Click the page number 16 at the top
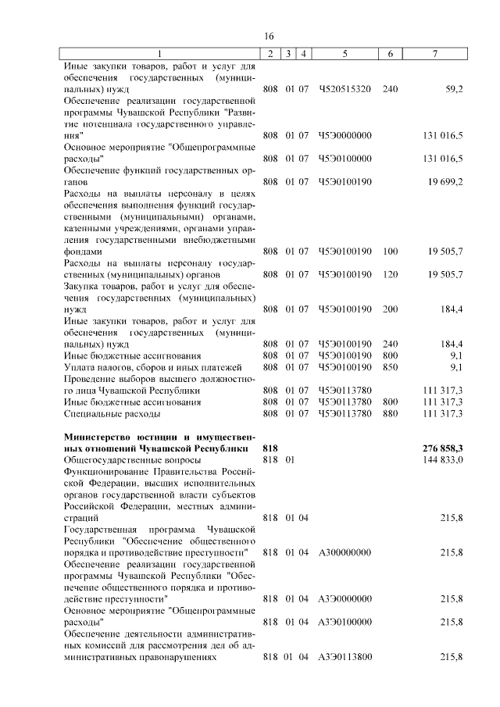click(269, 37)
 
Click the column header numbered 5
click(345, 53)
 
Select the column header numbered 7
click(434, 53)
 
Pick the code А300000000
click(345, 552)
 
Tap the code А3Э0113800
click(345, 658)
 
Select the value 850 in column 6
click(391, 367)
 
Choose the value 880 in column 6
click(391, 413)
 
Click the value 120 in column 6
click(391, 274)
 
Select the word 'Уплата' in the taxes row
click(79, 367)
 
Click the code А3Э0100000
click(345, 622)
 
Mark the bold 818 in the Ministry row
click(271, 449)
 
